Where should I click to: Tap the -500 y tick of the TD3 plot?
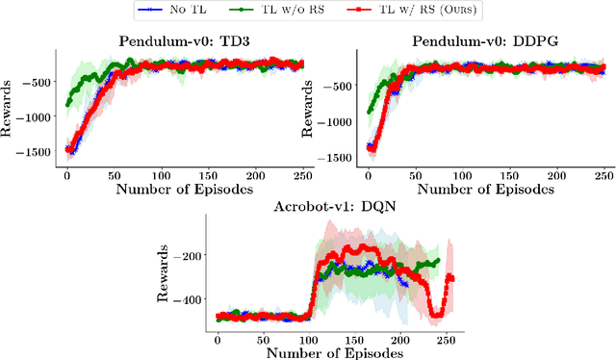[42, 82]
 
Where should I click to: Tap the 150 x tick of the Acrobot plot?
[355, 340]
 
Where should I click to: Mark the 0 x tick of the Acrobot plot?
[218, 340]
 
